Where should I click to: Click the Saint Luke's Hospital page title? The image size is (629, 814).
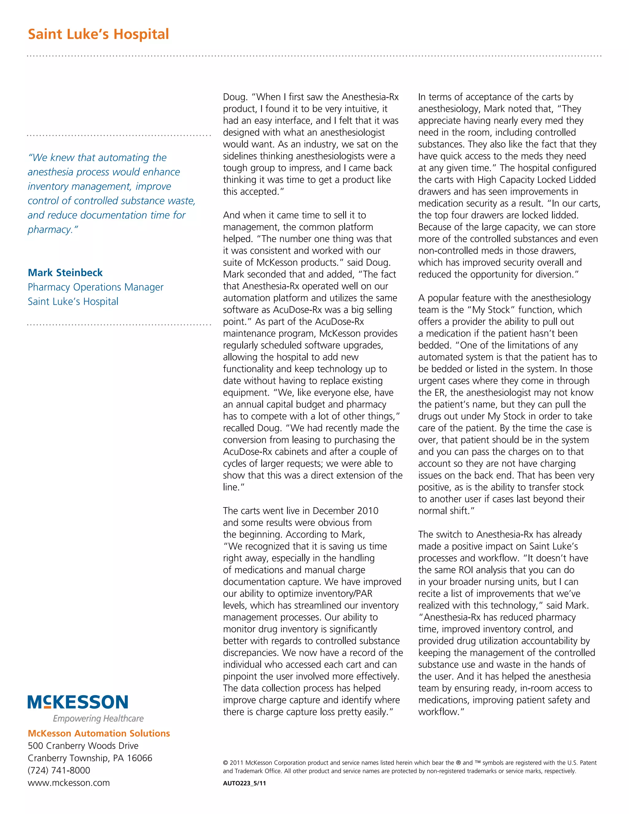[x=98, y=34]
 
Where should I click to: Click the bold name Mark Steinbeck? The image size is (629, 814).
[x=65, y=273]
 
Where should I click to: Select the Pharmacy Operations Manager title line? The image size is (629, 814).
[x=96, y=288]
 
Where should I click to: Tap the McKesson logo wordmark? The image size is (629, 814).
[x=78, y=702]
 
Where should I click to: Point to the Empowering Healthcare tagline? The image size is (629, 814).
[x=98, y=718]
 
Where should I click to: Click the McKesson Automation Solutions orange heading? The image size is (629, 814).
[x=99, y=734]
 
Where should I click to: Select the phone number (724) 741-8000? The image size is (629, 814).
[x=59, y=770]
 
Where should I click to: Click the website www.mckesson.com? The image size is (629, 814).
[x=68, y=783]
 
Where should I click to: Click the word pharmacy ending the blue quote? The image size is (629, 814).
[x=51, y=229]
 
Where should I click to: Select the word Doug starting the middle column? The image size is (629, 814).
[x=235, y=97]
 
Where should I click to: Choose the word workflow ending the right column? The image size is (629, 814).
[x=439, y=712]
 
